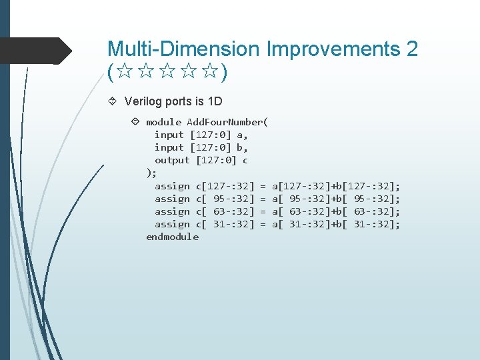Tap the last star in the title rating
(211, 73)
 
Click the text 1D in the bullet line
(215, 102)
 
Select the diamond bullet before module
(135, 122)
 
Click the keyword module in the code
(163, 122)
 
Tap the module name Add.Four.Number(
(227, 122)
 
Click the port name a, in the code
(242, 135)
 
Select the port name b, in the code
(242, 147)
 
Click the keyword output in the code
(172, 160)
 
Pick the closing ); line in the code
(151, 173)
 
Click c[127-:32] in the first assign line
(226, 186)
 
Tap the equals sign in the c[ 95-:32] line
(263, 199)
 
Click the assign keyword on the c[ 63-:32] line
(172, 211)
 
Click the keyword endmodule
(172, 237)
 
